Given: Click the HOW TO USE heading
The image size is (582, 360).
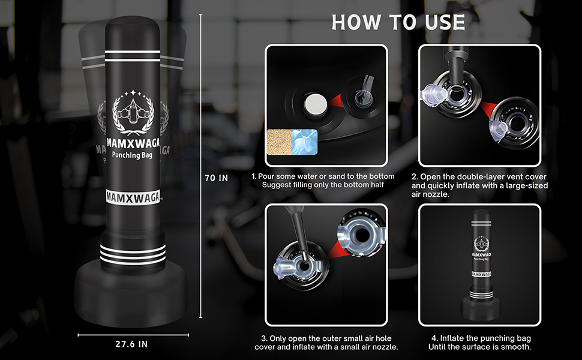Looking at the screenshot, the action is [x=398, y=22].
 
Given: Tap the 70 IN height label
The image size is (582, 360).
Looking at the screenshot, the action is [x=217, y=178].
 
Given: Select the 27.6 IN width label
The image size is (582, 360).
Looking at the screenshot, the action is [x=131, y=344].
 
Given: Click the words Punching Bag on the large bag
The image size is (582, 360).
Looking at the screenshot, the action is [x=132, y=155].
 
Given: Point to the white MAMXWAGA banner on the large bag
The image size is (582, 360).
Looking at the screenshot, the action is [x=133, y=197].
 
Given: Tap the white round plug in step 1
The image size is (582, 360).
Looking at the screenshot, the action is [x=316, y=104].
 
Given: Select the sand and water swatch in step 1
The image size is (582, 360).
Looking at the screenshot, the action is [x=292, y=142].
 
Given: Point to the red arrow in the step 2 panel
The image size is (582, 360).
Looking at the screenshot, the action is [x=487, y=110].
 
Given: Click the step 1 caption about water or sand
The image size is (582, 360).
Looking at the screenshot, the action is [x=323, y=181].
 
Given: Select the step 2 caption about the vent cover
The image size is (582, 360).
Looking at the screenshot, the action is [x=479, y=185].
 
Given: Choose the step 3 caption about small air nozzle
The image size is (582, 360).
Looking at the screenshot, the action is [x=326, y=343].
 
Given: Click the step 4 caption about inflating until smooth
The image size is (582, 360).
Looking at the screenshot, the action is [x=480, y=343].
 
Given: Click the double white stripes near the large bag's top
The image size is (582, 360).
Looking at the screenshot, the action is [x=133, y=55].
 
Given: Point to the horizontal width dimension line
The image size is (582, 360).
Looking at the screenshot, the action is [x=133, y=335].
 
